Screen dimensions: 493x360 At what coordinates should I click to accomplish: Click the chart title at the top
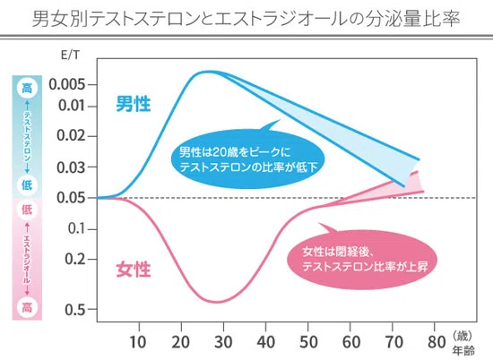(x=246, y=19)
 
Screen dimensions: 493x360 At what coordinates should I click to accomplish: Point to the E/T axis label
(x=70, y=56)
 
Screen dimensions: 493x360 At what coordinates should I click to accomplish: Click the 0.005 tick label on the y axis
(x=67, y=84)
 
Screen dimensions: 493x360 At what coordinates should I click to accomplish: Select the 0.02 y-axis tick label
(x=71, y=136)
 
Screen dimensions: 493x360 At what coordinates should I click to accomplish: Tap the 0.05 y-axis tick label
(x=71, y=198)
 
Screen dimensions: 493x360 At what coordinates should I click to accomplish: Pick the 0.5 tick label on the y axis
(x=75, y=310)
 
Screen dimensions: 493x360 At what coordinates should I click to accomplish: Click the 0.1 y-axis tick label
(x=77, y=228)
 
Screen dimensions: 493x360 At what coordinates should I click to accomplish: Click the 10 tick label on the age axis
(x=138, y=342)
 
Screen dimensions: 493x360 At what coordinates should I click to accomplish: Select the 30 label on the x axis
(x=223, y=342)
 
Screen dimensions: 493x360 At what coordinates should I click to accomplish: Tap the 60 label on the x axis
(x=350, y=342)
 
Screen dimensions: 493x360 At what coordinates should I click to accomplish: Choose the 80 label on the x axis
(x=437, y=342)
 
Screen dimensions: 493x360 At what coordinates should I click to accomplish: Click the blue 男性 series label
(x=134, y=104)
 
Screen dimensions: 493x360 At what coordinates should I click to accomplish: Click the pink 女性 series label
(x=134, y=270)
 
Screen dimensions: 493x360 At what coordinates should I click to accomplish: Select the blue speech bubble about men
(x=248, y=159)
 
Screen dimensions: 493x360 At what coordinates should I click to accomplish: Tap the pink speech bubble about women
(x=362, y=259)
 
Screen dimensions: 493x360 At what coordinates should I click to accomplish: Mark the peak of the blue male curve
(x=208, y=72)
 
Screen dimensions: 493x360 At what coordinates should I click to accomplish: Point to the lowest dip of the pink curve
(x=218, y=302)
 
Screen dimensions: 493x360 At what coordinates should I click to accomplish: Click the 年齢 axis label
(x=463, y=350)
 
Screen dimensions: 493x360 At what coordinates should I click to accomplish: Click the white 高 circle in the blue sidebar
(x=27, y=88)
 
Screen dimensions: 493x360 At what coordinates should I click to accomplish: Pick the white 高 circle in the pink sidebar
(x=27, y=307)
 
